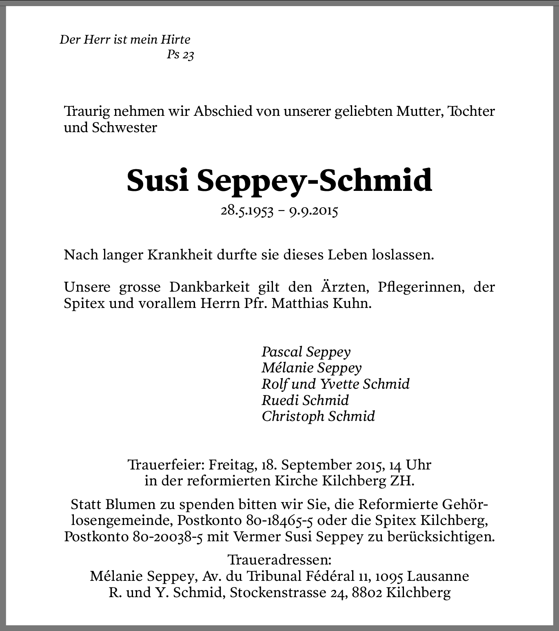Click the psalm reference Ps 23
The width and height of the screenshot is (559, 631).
tap(180, 55)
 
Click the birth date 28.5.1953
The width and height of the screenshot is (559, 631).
tap(247, 211)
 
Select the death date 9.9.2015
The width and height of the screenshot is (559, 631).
tap(314, 211)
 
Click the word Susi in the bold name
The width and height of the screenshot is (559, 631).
tap(157, 180)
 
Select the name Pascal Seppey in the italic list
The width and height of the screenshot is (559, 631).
tap(306, 352)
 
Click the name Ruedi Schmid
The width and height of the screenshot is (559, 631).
tap(305, 400)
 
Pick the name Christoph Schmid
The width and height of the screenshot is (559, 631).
tap(318, 416)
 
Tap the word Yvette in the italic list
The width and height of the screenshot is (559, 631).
tap(339, 384)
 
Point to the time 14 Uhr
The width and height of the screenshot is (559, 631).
tap(410, 465)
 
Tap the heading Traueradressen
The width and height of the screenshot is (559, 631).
tap(279, 559)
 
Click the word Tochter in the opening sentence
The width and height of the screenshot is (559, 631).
tap(471, 111)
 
